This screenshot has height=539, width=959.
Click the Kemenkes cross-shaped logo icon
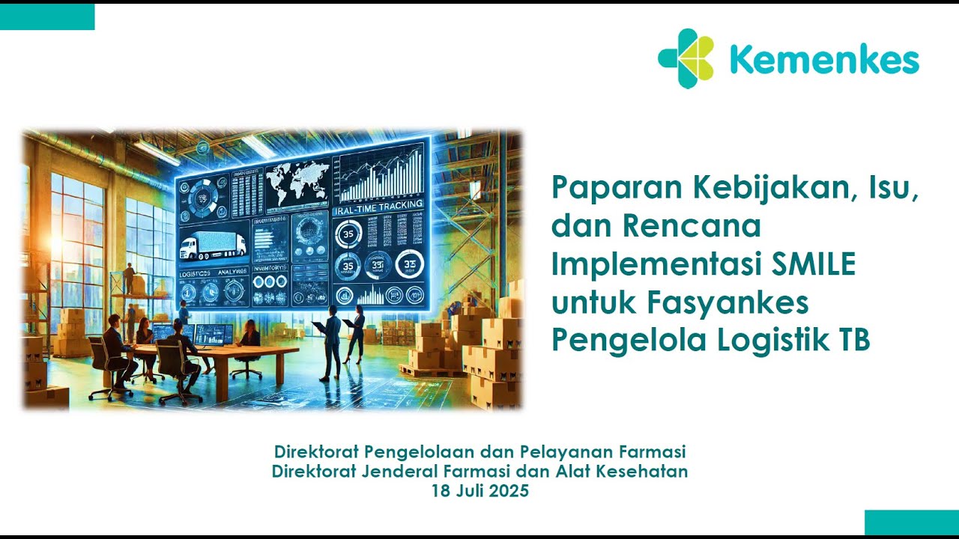[x=686, y=58]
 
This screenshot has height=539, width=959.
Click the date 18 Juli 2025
[x=479, y=491]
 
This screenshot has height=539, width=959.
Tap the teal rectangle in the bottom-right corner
[x=911, y=523]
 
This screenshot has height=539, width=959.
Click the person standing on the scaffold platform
[x=129, y=278]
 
